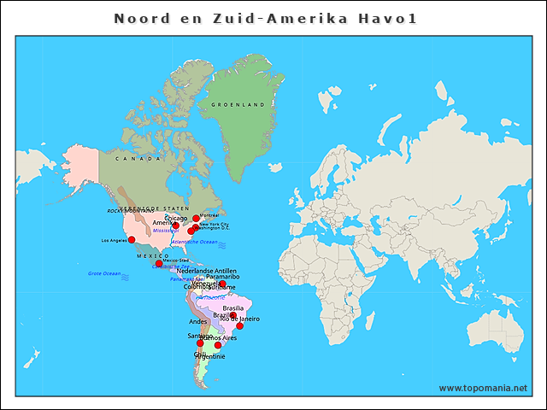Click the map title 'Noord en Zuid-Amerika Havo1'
click(265, 18)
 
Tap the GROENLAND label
click(244, 105)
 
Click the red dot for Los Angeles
click(132, 240)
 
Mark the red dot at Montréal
click(196, 219)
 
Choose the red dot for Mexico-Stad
click(159, 264)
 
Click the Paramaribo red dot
click(222, 284)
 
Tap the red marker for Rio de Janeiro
click(240, 325)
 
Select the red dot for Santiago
click(201, 343)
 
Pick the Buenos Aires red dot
click(218, 345)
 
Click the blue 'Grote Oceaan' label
click(104, 273)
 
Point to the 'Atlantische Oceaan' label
click(194, 242)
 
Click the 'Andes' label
click(198, 322)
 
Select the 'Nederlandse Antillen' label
click(206, 271)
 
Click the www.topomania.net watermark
click(483, 388)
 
